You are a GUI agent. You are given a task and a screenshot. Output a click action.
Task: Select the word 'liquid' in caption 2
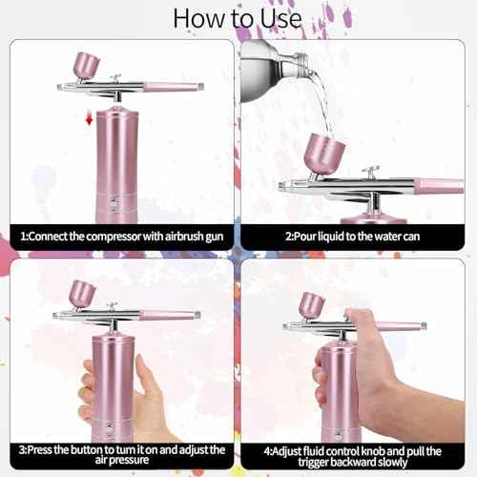point(330,236)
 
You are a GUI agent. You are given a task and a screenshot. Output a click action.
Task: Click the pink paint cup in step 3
point(82,292)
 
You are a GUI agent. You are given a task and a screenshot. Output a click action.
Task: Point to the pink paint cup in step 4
point(310,304)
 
